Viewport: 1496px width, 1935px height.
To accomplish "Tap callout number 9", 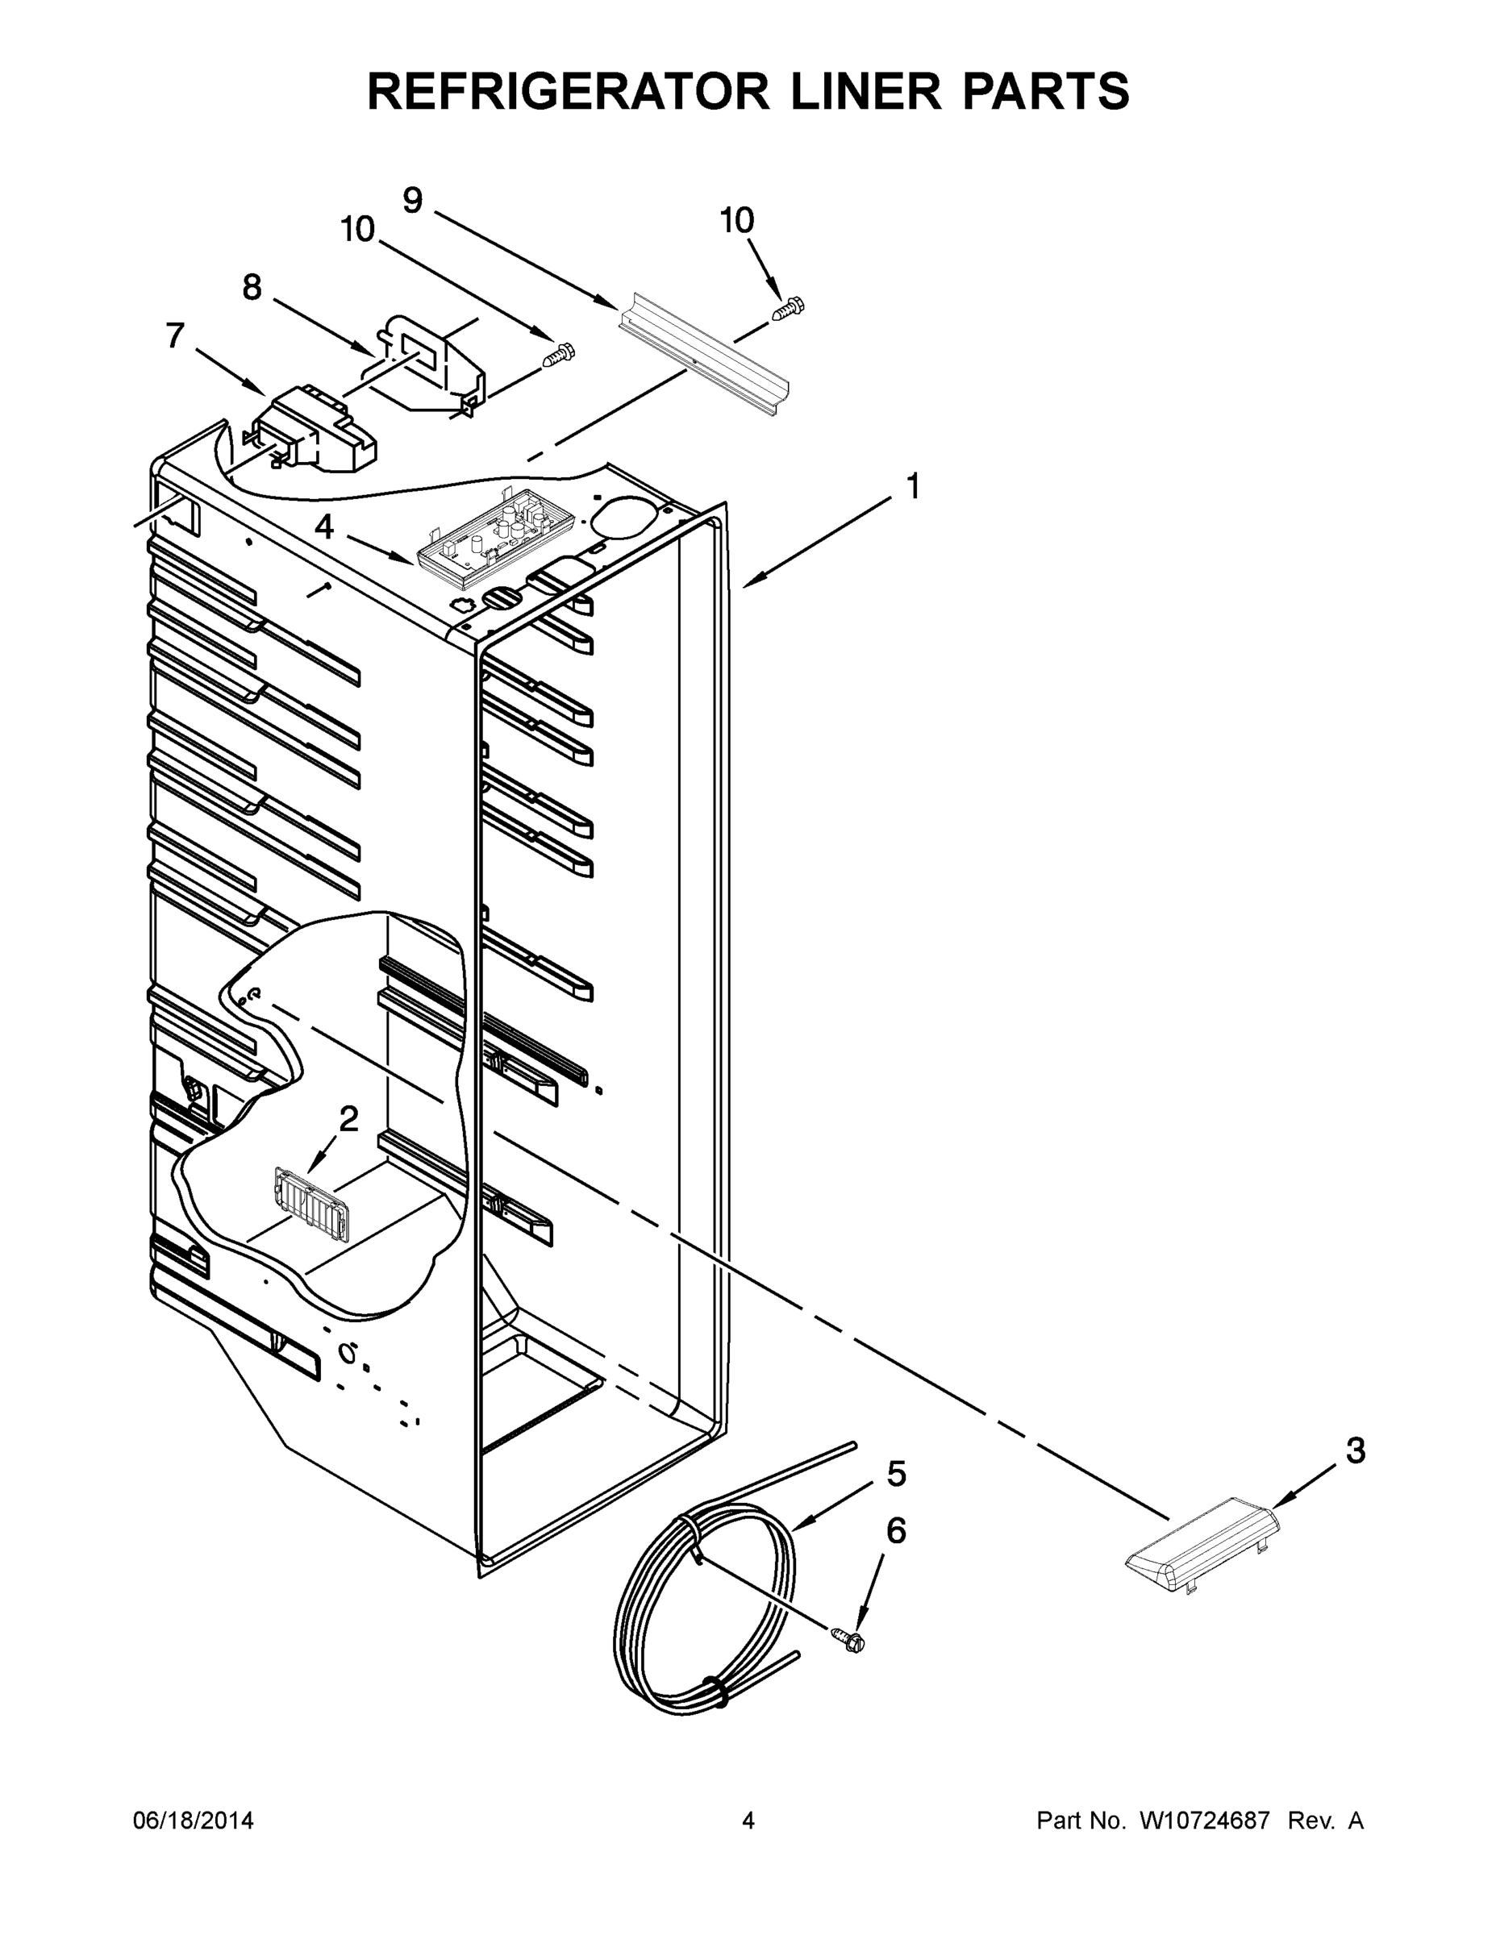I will point(413,201).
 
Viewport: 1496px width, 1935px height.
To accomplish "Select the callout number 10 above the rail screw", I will point(737,221).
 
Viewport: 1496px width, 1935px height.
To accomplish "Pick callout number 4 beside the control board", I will point(324,527).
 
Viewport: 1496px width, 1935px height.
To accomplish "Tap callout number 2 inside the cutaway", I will point(348,1119).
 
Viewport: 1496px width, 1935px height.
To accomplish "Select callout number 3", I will point(1355,1450).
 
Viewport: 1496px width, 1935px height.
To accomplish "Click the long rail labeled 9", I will point(705,356).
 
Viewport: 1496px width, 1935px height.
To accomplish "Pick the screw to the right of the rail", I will point(789,310).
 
